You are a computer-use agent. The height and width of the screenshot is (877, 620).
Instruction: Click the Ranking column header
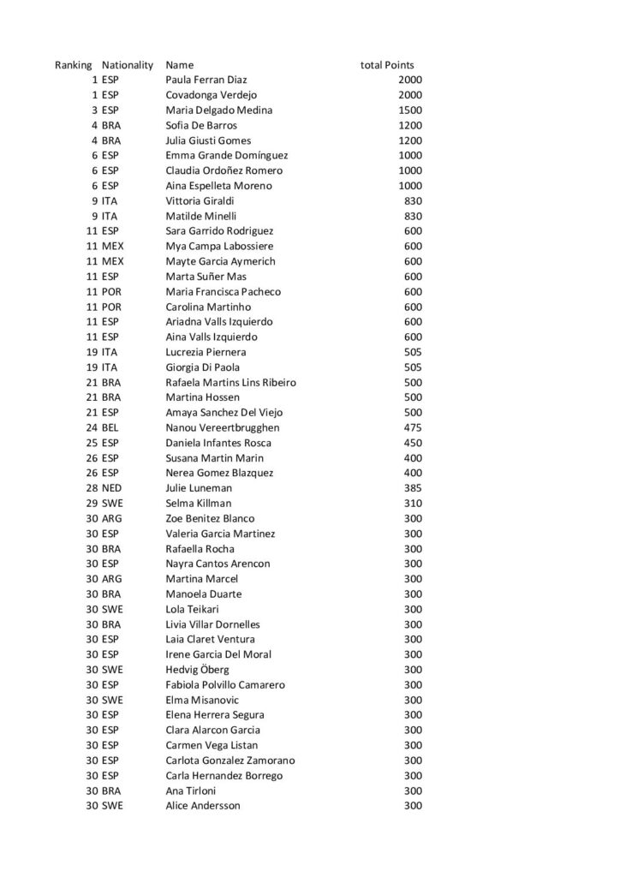(x=74, y=65)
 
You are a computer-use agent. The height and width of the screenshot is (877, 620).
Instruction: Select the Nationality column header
(x=127, y=65)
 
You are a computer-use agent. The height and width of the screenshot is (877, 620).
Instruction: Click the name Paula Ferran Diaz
(x=206, y=81)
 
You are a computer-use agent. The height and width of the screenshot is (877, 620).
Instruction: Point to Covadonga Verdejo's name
(x=211, y=95)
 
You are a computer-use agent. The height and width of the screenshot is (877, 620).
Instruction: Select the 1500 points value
(x=410, y=110)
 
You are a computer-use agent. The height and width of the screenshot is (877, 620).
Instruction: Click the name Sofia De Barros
(x=201, y=125)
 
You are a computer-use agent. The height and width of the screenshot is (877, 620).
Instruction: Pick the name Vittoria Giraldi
(x=200, y=200)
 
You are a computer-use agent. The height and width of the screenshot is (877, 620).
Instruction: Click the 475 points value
(x=413, y=427)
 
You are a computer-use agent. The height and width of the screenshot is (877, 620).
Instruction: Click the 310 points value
(x=413, y=503)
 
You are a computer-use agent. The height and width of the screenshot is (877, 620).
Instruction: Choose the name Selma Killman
(x=198, y=503)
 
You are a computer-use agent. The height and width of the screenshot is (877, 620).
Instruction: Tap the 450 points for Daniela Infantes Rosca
(x=413, y=443)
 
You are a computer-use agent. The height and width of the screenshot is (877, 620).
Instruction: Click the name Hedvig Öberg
(x=197, y=670)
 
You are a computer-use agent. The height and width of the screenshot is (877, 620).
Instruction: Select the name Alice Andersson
(x=202, y=806)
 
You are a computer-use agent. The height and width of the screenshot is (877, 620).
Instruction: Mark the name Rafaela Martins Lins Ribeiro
(x=230, y=382)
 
